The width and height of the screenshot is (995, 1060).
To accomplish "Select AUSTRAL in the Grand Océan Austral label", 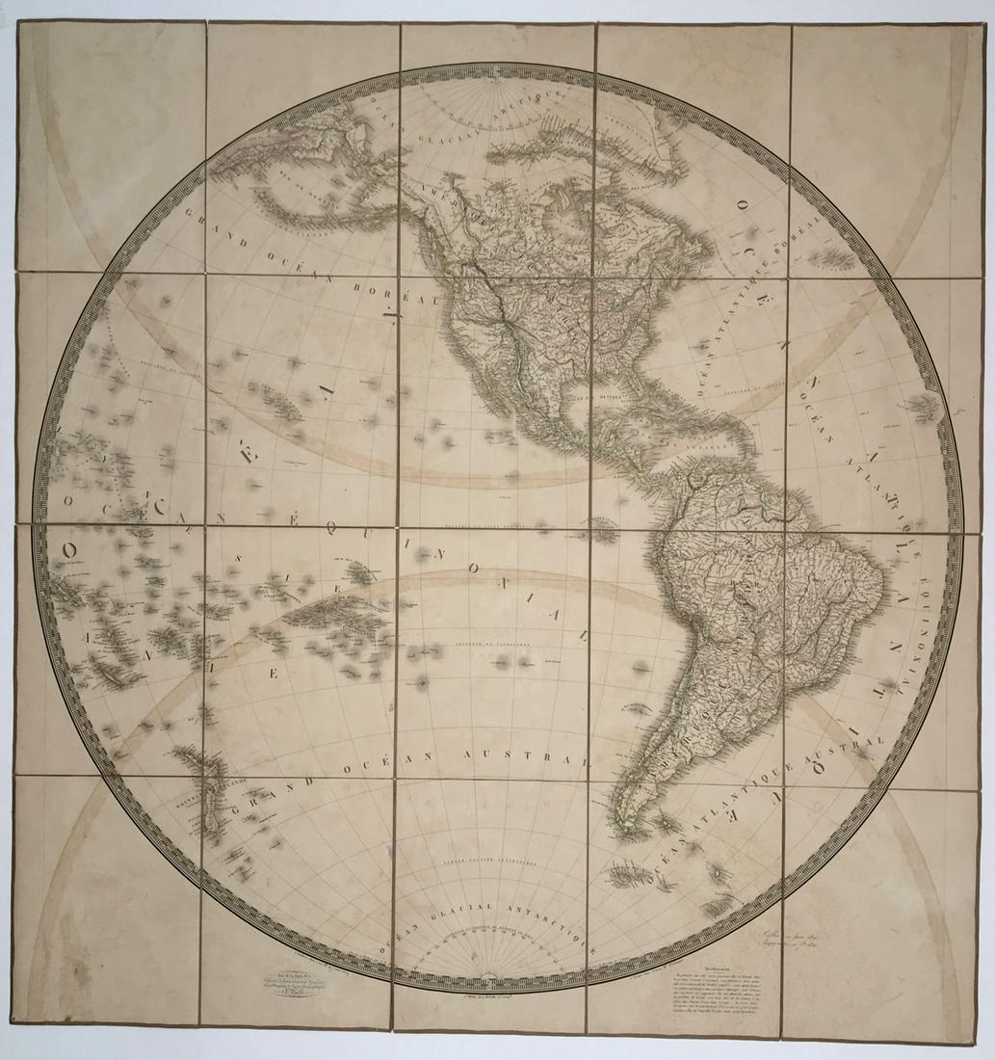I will (x=547, y=758).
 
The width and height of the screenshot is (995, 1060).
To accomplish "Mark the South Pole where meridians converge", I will (x=491, y=974).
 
